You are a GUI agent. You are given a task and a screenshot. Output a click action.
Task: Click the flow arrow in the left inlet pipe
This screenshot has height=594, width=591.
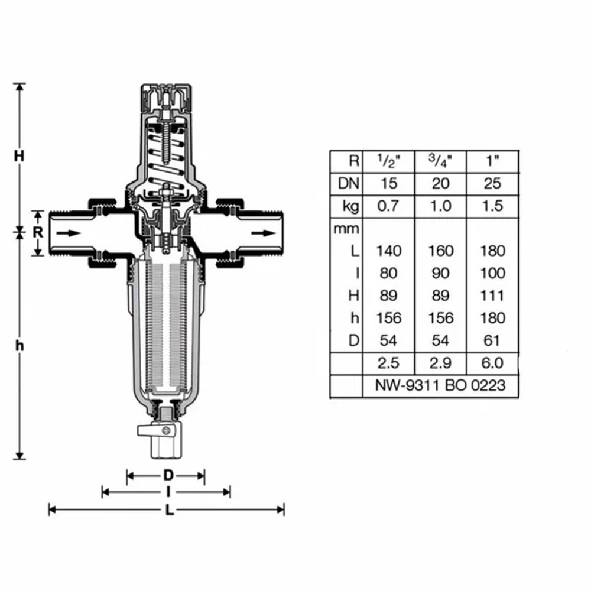69,233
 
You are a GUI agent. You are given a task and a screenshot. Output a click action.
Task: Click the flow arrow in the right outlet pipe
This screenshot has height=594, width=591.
264,233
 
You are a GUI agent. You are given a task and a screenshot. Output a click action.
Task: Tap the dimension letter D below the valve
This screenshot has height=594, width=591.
168,475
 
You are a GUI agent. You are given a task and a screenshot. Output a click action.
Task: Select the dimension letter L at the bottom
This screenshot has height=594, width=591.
170,510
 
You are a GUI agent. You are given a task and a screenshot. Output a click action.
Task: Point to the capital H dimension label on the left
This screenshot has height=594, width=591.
19,155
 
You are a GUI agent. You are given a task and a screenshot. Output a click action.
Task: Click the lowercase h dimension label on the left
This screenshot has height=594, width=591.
20,346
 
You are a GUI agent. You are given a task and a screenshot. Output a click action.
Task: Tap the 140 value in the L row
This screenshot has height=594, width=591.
389,251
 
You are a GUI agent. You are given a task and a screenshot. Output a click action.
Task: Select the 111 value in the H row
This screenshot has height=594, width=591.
492,296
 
